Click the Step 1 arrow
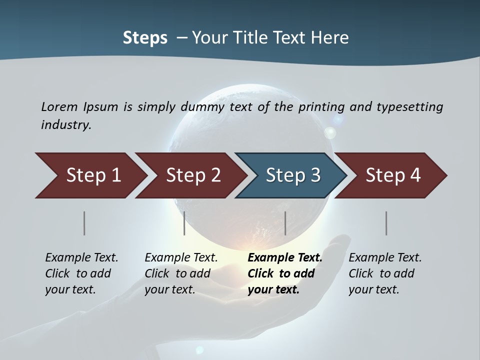click(x=90, y=175)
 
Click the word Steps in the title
click(x=145, y=37)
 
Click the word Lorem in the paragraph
click(x=59, y=106)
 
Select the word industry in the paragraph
click(x=66, y=124)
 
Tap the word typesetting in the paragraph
click(x=409, y=106)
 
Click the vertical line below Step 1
click(x=84, y=223)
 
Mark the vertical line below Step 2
click(x=184, y=223)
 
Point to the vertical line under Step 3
click(x=285, y=223)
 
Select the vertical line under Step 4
click(x=386, y=223)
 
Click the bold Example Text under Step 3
click(x=285, y=258)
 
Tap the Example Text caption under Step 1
click(x=81, y=258)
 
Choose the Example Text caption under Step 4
click(x=385, y=258)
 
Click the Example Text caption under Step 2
click(x=181, y=258)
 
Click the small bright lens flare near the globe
click(x=330, y=132)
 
